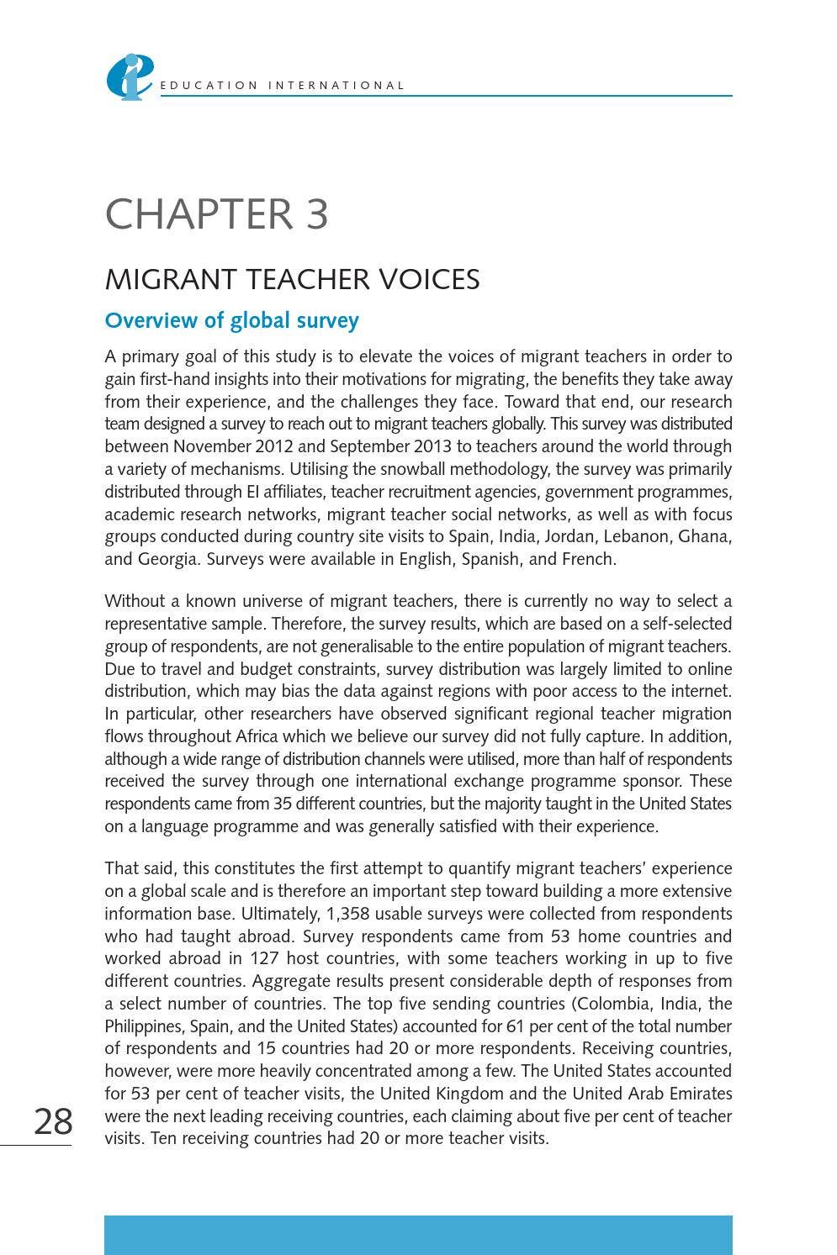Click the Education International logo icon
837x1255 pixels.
point(129,76)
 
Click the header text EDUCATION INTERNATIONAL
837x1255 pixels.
point(283,86)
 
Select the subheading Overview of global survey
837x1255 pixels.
point(231,321)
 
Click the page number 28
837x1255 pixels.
point(53,1121)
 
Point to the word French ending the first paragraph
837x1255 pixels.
point(588,559)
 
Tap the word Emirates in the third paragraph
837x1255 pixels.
point(695,1094)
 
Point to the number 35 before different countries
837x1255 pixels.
point(283,804)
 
